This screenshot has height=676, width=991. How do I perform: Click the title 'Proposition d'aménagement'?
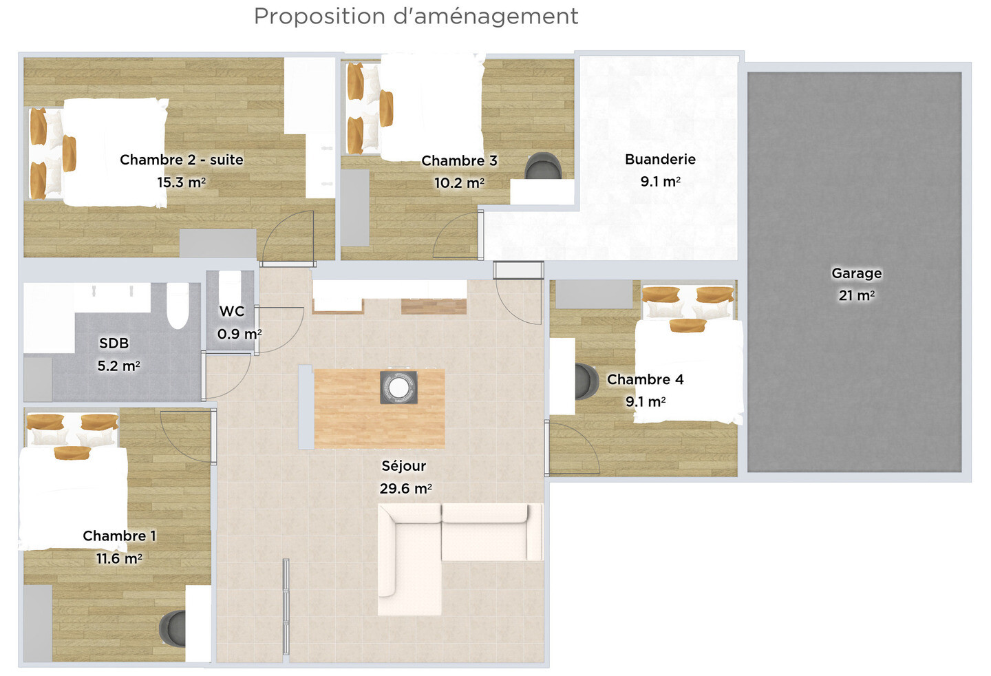(416, 17)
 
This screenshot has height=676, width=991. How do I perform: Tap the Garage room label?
(857, 273)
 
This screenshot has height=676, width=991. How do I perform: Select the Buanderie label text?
(660, 159)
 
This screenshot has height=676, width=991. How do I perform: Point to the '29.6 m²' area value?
(406, 489)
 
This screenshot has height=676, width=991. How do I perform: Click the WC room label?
(232, 311)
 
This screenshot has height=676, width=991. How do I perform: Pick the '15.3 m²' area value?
(182, 182)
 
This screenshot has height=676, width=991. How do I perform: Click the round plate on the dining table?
(398, 388)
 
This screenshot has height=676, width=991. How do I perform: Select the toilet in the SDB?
(178, 305)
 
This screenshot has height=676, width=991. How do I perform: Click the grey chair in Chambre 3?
(543, 166)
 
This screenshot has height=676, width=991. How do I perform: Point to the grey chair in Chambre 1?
(173, 629)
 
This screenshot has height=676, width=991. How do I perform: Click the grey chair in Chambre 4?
(586, 381)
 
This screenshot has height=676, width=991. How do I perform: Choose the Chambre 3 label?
(459, 160)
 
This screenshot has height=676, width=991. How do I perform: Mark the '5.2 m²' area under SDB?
(118, 366)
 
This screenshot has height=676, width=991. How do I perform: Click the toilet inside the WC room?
(230, 288)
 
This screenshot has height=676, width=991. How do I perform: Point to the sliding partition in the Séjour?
(286, 606)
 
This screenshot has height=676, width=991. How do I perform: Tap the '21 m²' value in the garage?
(857, 295)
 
